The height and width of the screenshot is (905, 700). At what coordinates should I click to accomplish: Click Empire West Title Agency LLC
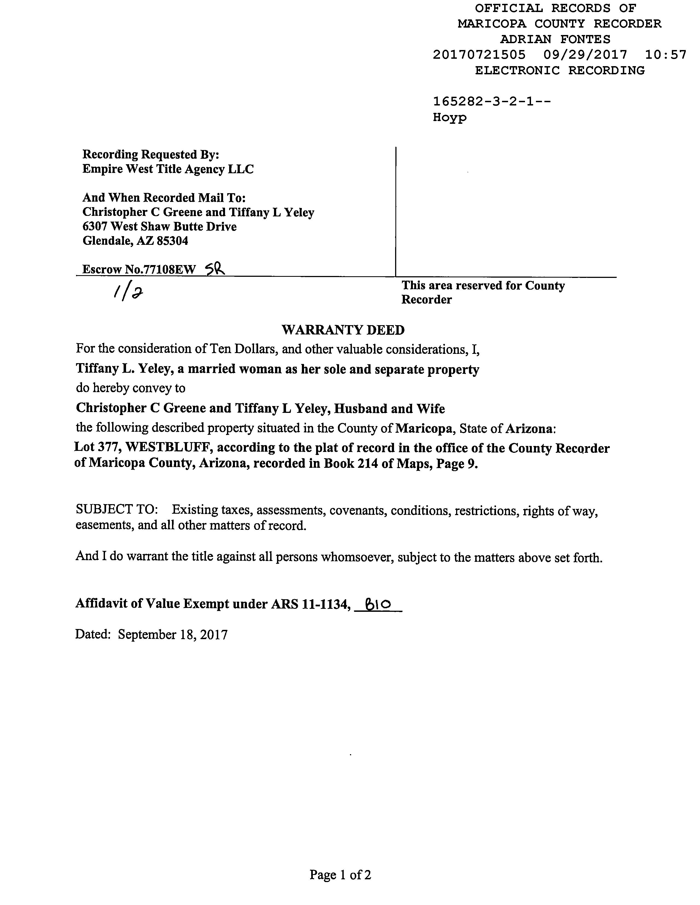click(168, 169)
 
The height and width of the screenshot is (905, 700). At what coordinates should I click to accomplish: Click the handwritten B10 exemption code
click(378, 606)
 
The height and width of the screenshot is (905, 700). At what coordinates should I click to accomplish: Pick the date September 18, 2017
click(173, 634)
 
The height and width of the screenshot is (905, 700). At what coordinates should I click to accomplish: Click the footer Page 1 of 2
click(340, 875)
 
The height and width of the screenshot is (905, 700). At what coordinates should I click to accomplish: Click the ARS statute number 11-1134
click(323, 604)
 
